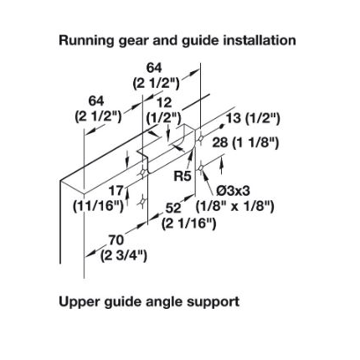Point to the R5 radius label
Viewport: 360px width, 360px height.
[183, 176]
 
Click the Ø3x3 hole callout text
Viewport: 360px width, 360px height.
[234, 191]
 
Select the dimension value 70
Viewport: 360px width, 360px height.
[116, 239]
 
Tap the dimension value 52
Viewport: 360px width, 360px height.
[173, 208]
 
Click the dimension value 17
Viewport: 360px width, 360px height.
[116, 191]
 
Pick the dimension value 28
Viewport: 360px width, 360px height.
[220, 143]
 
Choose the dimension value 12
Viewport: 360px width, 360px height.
[164, 103]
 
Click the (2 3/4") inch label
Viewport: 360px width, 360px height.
[123, 255]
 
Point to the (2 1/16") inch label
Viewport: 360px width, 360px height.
[189, 224]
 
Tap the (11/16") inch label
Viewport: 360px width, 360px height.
[98, 207]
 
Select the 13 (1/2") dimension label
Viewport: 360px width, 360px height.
[253, 119]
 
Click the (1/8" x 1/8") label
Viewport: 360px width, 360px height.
[234, 207]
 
